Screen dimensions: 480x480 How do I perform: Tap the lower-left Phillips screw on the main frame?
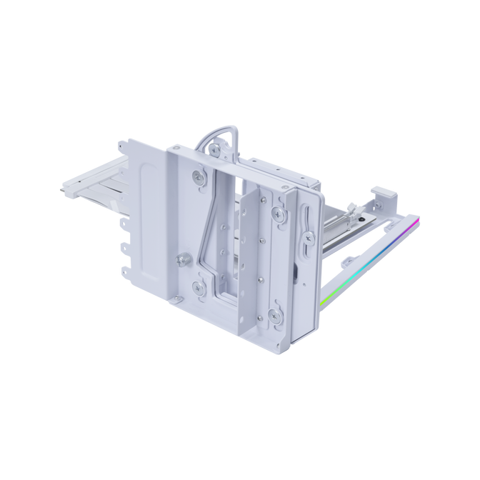point(195,287)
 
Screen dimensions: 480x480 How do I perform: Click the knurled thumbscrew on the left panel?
point(184,261)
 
